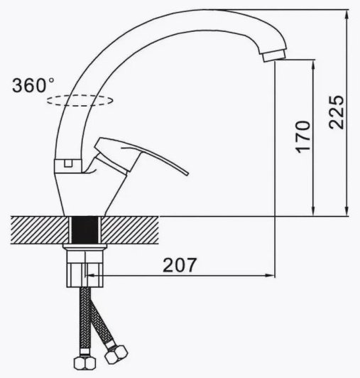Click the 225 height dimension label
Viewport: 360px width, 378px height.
point(337,112)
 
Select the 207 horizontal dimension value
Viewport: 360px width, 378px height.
point(180,265)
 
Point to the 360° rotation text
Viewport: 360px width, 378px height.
point(33,85)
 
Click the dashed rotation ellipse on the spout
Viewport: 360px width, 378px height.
point(80,100)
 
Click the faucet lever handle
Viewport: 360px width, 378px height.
point(135,154)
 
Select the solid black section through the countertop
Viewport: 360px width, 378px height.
point(85,230)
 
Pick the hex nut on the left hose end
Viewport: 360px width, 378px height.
point(84,363)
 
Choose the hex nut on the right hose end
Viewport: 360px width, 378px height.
point(116,355)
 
